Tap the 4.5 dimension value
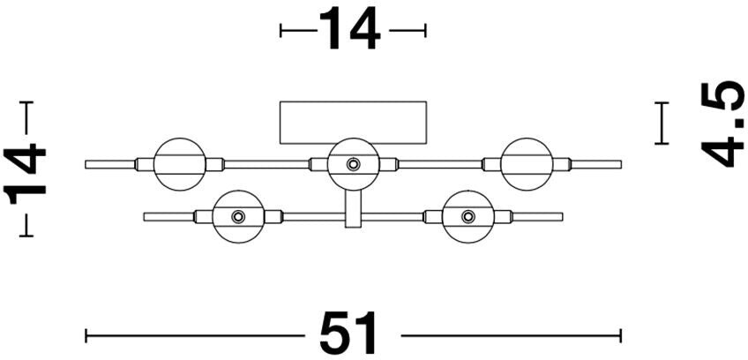[722, 123]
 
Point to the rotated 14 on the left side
[26, 172]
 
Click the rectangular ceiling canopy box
[353, 122]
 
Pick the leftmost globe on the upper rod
[179, 163]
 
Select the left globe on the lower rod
[238, 216]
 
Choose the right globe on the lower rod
[467, 216]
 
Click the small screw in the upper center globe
[353, 163]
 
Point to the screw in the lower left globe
[238, 216]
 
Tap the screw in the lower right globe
[467, 216]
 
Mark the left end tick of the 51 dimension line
[86, 335]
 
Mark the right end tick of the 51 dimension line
[621, 335]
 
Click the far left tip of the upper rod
[87, 164]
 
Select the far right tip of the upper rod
[619, 164]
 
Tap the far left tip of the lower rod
[146, 216]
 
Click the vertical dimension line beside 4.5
[661, 123]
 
